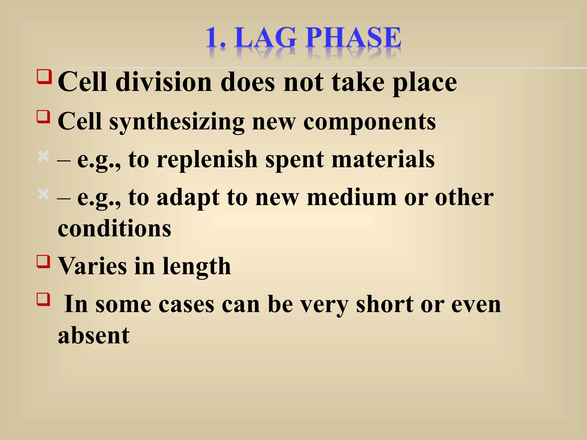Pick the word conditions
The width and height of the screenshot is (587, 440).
click(x=114, y=228)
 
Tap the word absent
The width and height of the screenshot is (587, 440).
click(x=94, y=335)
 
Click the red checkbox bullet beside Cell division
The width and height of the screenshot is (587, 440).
click(x=44, y=76)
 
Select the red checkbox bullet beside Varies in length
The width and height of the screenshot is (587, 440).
click(x=44, y=261)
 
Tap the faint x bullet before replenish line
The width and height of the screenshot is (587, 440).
click(x=44, y=156)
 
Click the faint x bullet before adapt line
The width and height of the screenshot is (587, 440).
click(x=44, y=194)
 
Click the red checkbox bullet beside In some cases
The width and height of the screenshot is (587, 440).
click(x=44, y=299)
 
